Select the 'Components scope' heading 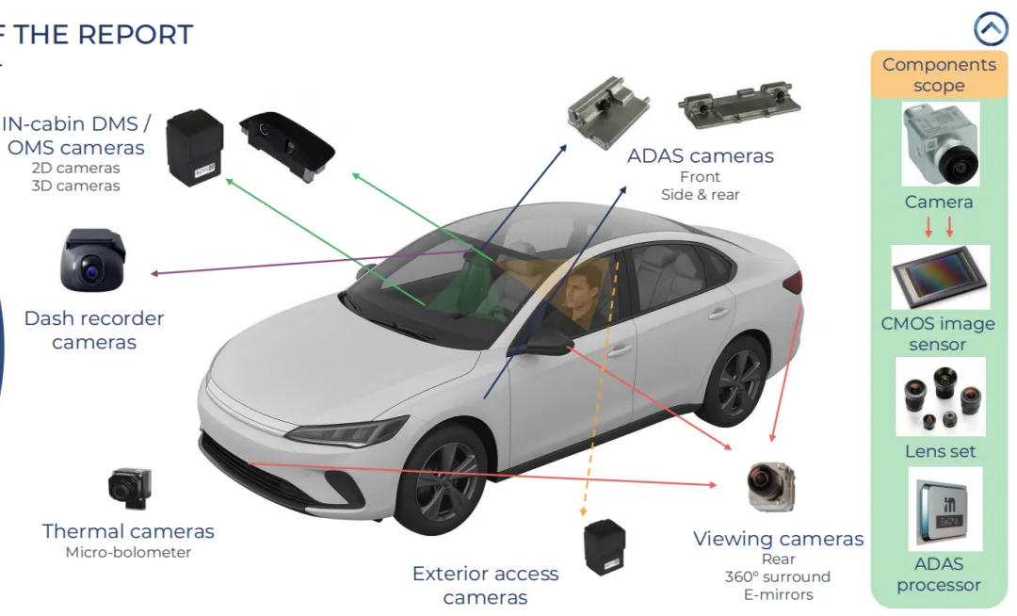(x=938, y=74)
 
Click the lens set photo (x=939, y=397)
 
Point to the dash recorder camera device (x=92, y=260)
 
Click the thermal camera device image (x=129, y=487)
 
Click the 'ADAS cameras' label (x=701, y=155)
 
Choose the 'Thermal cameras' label (x=128, y=531)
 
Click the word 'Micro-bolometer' (x=128, y=553)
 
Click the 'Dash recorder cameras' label (x=94, y=330)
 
